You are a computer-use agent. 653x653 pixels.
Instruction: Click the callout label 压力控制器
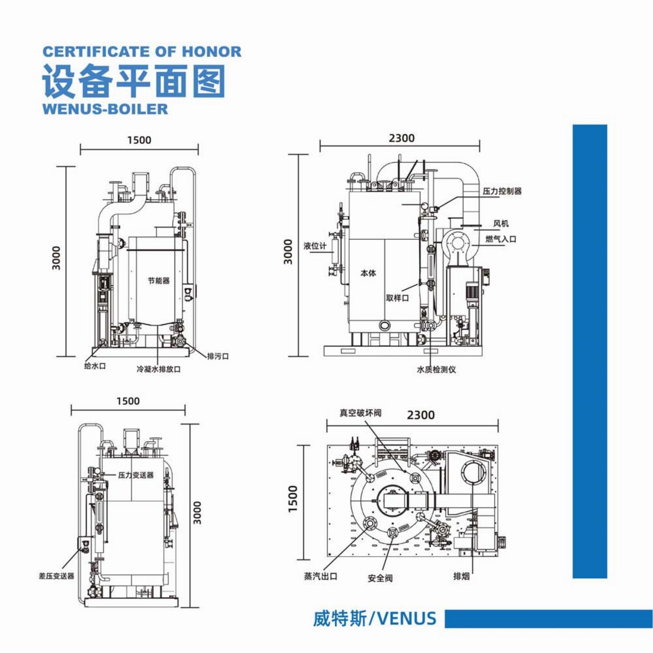(x=502, y=191)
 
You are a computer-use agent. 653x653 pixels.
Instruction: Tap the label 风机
(x=501, y=224)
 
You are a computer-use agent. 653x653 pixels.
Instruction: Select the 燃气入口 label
(x=501, y=239)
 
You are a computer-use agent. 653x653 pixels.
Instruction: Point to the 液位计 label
(x=315, y=246)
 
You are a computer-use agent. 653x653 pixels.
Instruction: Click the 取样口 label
(x=397, y=298)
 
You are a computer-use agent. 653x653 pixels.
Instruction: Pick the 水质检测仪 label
(x=436, y=369)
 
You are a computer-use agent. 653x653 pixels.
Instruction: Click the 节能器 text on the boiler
(x=159, y=281)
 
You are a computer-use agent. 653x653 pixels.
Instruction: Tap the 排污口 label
(x=218, y=356)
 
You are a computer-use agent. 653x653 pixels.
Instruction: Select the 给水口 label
(x=95, y=366)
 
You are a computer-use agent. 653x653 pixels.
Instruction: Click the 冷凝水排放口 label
(x=159, y=369)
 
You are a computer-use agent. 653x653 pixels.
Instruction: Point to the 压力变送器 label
(x=136, y=475)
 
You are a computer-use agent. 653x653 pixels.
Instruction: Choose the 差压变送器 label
(x=56, y=576)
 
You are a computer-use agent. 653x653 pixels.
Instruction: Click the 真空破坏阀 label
(x=360, y=413)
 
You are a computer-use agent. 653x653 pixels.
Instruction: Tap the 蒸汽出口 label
(x=320, y=577)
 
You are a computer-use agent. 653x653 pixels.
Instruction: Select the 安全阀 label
(x=380, y=578)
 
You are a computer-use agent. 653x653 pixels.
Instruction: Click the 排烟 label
(x=461, y=577)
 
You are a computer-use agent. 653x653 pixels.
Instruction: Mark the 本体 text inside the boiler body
(x=368, y=273)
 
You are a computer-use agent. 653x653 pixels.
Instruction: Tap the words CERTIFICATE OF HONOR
(x=142, y=51)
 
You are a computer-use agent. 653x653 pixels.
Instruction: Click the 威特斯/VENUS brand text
(x=375, y=619)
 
